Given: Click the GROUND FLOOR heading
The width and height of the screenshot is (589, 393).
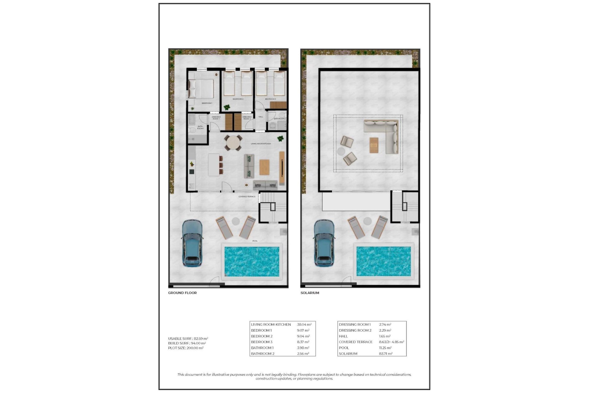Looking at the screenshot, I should coord(182,293).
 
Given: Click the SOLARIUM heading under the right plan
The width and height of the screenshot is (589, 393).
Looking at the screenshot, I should coord(310,293).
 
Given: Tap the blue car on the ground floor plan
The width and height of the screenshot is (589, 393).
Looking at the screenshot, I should coord(192,243).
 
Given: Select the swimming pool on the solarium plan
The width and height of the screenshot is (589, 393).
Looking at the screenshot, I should coord(383,261).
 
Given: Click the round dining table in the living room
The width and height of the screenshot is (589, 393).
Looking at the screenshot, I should coord(233,143).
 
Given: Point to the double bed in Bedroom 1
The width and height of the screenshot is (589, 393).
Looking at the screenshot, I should coord(201,88).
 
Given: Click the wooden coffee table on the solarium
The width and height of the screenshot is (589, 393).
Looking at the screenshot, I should coord(374,145).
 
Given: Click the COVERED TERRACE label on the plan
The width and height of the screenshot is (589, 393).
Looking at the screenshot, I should coord(247,196).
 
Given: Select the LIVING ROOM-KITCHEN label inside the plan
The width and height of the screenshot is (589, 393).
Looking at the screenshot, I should coord(261,144).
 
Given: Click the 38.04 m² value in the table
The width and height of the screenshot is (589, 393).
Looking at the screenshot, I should coord(304,325).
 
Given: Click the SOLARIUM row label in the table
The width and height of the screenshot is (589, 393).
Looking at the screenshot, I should coord(348,354).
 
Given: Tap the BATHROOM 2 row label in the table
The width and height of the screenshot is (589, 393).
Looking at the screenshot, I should coord(263,354).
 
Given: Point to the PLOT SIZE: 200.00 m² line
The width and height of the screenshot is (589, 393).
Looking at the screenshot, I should coord(186,348).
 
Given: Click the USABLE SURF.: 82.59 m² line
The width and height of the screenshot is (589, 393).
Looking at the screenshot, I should coord(188,339).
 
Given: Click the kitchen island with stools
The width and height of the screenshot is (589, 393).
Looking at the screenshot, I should coord(214,165).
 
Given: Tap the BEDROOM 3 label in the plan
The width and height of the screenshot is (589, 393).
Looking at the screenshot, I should coord(270,99).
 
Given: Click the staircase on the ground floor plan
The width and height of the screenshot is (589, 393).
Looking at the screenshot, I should coord(273,207).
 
